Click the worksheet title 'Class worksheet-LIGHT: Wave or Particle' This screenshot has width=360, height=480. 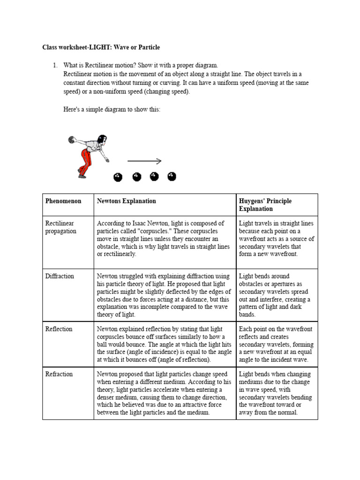[x=101, y=47]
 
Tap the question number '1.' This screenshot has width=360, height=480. [x=56, y=65]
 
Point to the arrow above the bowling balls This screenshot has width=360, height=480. [x=144, y=161]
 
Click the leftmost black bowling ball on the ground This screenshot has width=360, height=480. [x=118, y=177]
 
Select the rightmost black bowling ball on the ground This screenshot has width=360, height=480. [x=172, y=176]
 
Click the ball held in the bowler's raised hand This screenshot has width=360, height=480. [x=71, y=139]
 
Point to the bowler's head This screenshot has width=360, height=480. [x=102, y=138]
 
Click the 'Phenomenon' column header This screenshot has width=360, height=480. [x=63, y=201]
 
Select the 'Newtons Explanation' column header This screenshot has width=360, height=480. [x=126, y=201]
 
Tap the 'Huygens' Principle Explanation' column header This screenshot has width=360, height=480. [x=265, y=205]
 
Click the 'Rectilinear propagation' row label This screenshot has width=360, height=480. [x=61, y=227]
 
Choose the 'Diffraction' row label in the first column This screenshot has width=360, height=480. [x=60, y=276]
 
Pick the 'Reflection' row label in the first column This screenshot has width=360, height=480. [x=59, y=329]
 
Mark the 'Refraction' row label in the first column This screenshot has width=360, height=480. [x=59, y=374]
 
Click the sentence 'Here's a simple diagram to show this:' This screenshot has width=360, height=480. [x=112, y=109]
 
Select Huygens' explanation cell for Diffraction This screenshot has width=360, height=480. [x=277, y=295]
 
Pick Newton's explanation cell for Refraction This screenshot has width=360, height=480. [x=165, y=393]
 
